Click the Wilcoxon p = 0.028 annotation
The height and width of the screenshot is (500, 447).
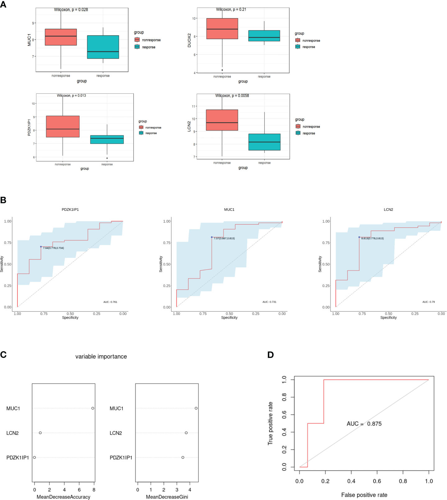pos(71,10)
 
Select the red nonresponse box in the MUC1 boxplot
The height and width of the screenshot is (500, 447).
pos(61,37)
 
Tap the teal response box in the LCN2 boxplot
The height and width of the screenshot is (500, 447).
pos(264,142)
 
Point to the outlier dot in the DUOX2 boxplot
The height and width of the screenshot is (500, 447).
pos(222,70)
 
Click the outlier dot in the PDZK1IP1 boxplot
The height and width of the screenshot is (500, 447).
pos(107,158)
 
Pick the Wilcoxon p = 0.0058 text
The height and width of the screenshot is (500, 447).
pos(232,96)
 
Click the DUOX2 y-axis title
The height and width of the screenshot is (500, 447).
pos(189,40)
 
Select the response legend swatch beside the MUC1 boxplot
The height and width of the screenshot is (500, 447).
pos(137,47)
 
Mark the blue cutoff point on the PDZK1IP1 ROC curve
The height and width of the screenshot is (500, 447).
pos(41,247)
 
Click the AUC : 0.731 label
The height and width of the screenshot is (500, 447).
pos(269,302)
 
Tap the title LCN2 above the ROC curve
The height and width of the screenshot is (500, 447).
pos(388,209)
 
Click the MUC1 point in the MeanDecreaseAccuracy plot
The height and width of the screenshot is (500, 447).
pos(93,408)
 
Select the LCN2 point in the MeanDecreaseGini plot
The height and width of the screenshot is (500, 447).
pos(186,433)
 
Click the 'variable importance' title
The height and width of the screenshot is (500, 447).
pos(101,357)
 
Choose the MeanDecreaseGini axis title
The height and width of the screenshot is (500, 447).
pos(167,497)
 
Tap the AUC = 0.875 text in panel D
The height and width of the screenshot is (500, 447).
pos(364,424)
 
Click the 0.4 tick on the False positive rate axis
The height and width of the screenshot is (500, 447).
pos(351,481)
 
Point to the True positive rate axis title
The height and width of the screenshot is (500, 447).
pos(271,423)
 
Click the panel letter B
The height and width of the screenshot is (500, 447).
pos(3,200)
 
